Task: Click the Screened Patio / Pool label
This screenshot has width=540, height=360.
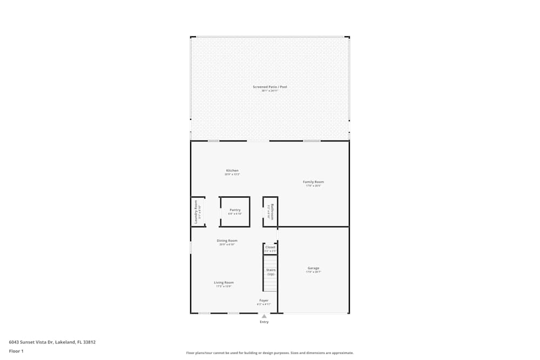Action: coord(269,87)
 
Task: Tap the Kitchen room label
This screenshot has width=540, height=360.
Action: coord(232,171)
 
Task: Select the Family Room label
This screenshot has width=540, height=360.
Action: coord(313,182)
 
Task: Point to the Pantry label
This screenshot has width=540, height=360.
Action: coord(235,210)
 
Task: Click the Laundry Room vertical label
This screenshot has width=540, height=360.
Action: coord(196,212)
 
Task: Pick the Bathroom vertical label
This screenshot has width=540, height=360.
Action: coord(273,211)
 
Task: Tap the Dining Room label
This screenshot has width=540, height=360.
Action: coord(227,241)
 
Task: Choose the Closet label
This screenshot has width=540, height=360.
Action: coord(270,247)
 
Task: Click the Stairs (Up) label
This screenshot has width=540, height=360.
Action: coord(271,272)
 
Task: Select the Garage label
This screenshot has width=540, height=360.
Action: coord(313,268)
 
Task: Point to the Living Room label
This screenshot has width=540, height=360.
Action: coord(224,282)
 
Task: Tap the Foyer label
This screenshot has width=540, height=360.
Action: coord(264,301)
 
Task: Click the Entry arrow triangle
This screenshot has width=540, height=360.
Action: coord(264,316)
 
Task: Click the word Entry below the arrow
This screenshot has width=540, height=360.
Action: coord(264,322)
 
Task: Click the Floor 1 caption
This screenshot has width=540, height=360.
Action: coord(16,351)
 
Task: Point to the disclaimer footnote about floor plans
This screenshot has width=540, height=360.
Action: coord(269,353)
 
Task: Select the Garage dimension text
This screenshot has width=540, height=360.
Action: coord(313,272)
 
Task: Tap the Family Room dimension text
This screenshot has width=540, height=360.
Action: coord(313,186)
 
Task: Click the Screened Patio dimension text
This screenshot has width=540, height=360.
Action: coord(269,91)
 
